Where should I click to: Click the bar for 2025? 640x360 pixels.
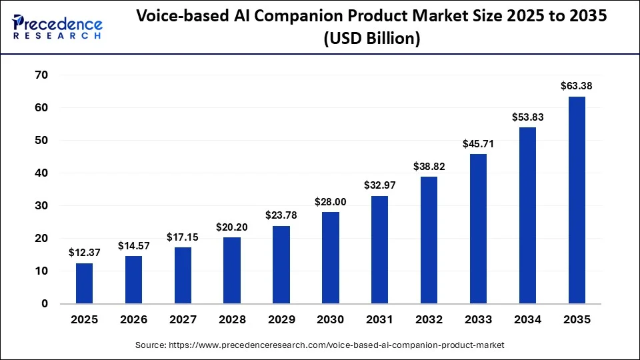click(x=84, y=283)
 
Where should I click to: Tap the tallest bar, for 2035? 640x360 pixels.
click(x=577, y=200)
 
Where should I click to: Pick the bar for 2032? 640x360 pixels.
click(x=429, y=240)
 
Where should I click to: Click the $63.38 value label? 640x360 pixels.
click(x=577, y=86)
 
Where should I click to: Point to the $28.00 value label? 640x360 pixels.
click(x=330, y=201)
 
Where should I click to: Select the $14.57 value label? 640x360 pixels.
click(x=133, y=245)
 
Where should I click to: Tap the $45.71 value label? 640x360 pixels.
click(x=478, y=143)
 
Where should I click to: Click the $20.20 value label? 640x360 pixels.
click(x=232, y=227)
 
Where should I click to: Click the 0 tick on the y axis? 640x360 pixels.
click(x=45, y=304)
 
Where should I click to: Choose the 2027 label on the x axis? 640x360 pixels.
click(x=183, y=320)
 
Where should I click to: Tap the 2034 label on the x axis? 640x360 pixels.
click(x=527, y=320)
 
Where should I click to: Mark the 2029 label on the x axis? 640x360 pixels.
click(x=281, y=320)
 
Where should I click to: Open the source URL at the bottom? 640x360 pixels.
click(x=320, y=345)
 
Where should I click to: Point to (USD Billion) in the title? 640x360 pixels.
click(x=371, y=39)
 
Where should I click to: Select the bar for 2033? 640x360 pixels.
click(x=478, y=229)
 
